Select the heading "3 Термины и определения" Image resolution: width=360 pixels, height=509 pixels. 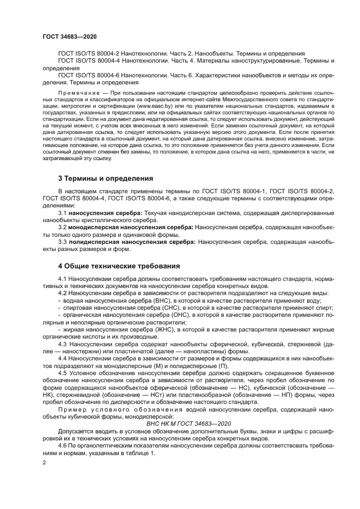(x=106, y=178)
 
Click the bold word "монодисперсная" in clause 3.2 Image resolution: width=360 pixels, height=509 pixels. (x=101, y=225)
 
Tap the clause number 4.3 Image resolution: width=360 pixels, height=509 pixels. (x=63, y=344)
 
